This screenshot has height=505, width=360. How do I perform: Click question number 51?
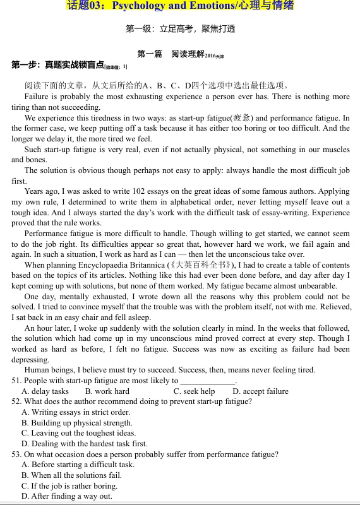point(16,381)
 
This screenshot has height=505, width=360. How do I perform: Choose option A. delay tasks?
point(45,391)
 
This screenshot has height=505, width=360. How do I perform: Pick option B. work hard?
point(107,391)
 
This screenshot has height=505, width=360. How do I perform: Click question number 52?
point(16,401)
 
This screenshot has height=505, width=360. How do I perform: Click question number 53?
point(16,454)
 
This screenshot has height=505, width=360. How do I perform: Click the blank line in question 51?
point(207,381)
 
